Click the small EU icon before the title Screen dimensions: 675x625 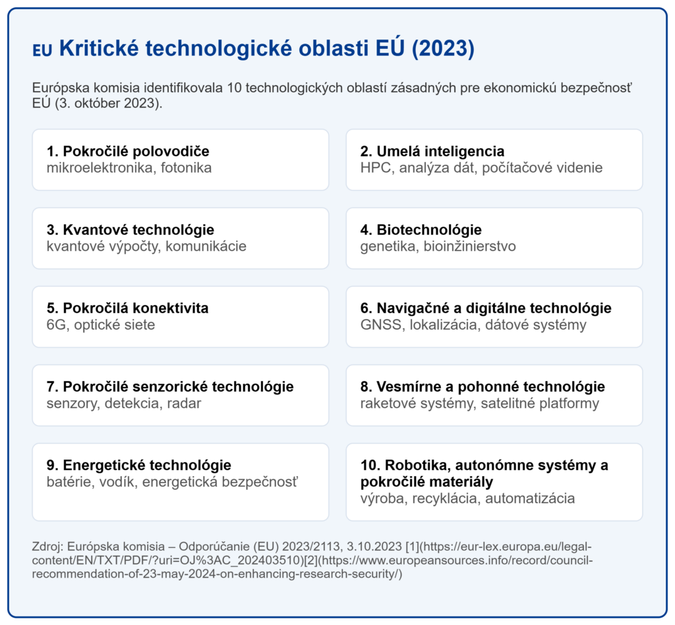coord(42,50)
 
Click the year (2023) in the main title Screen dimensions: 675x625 coord(443,48)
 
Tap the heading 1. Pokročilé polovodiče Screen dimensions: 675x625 coord(128,151)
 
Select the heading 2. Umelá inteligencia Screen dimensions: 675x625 coord(432,151)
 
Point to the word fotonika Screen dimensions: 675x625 coord(187,168)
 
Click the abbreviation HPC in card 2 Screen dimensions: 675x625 coord(376,168)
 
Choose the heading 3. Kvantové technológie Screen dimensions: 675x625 coord(131,229)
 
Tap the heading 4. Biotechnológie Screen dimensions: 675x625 coord(421,229)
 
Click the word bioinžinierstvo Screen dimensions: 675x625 coord(469,246)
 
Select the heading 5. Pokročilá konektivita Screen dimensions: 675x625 coord(127,308)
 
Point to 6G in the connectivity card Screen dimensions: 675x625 coord(57,324)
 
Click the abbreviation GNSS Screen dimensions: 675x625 coord(381,324)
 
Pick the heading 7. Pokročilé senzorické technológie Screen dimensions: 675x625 coord(170,386)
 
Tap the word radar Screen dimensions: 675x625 coord(184,403)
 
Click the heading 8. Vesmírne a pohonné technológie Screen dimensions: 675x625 coord(483,386)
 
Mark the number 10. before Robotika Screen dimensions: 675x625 coord(370,465)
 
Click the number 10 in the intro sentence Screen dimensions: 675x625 coord(234,88)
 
